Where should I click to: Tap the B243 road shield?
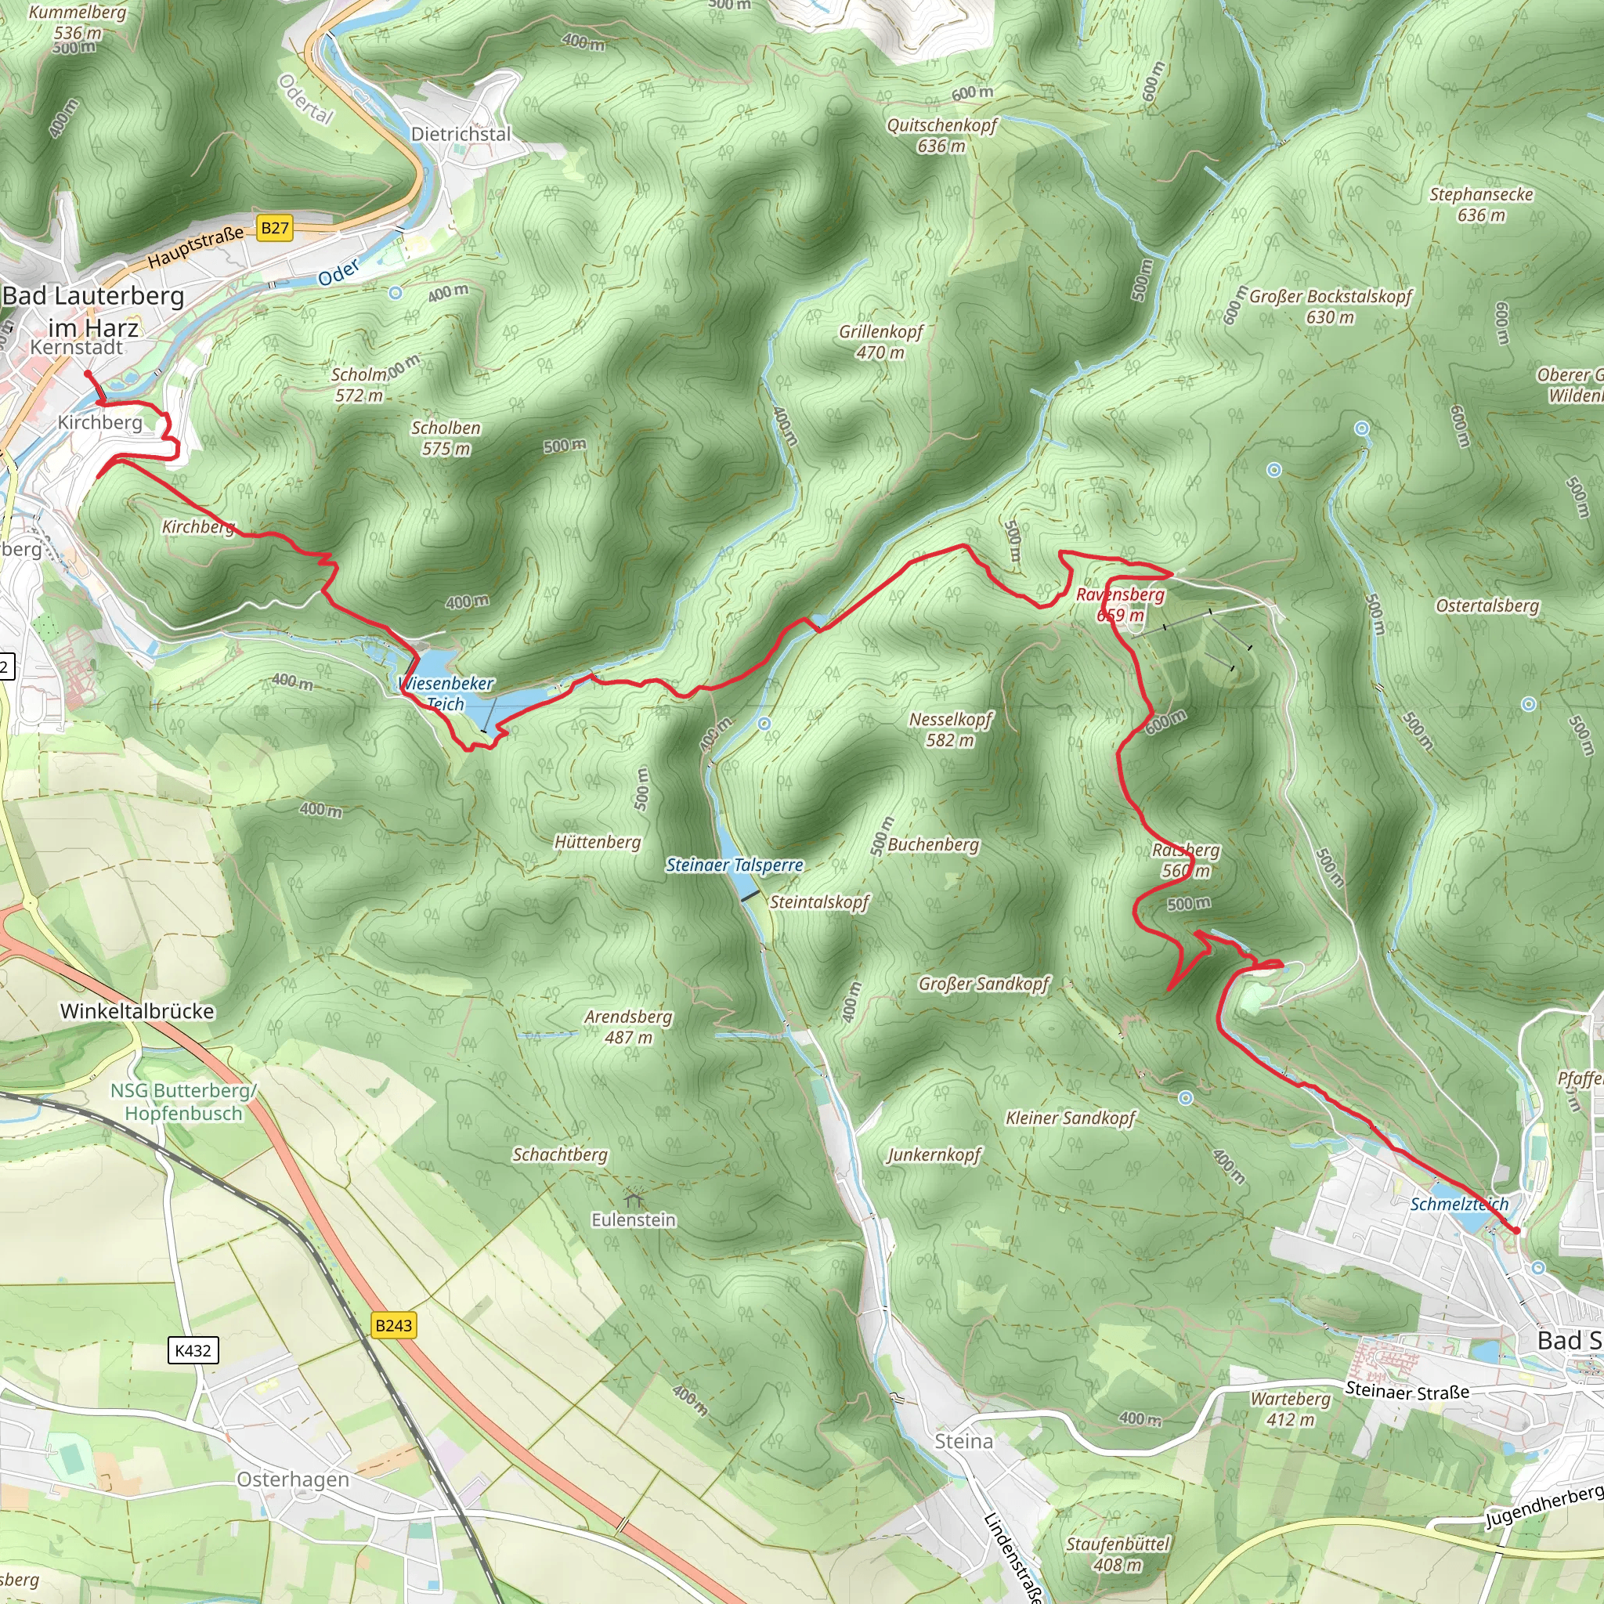click(x=393, y=1325)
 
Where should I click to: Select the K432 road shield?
click(x=193, y=1350)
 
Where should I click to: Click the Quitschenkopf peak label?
click(x=941, y=135)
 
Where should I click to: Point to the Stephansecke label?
click(x=1481, y=204)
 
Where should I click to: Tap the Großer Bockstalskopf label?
click(x=1330, y=306)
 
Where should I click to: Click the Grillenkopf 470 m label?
click(x=881, y=341)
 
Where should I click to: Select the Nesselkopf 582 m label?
click(x=951, y=729)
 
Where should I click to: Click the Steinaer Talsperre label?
click(x=735, y=865)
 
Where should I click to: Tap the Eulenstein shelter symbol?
click(x=634, y=1199)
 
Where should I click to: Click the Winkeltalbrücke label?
click(x=137, y=1011)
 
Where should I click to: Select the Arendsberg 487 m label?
click(x=628, y=1026)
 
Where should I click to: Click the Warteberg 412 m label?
click(x=1290, y=1409)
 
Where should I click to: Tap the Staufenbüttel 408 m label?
click(x=1118, y=1554)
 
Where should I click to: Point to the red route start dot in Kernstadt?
click(x=88, y=374)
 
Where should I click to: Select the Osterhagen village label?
click(x=293, y=1479)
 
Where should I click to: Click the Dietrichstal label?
click(x=461, y=134)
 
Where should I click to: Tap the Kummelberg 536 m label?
click(x=78, y=23)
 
